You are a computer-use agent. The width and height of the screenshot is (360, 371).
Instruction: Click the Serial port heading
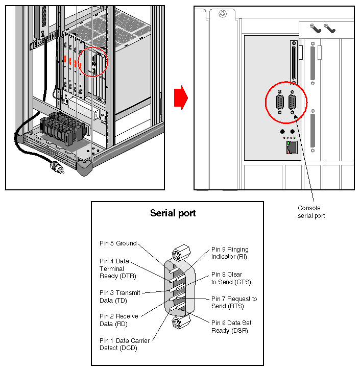click(x=173, y=213)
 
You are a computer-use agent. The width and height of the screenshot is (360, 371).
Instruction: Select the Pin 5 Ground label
click(x=118, y=243)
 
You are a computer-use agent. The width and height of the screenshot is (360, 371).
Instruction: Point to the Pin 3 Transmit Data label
click(x=120, y=296)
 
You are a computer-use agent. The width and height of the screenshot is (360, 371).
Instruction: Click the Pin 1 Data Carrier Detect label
click(x=124, y=344)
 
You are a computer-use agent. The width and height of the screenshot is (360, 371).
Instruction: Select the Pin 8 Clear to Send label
click(x=231, y=278)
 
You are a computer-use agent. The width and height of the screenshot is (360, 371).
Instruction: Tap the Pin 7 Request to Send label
click(x=234, y=302)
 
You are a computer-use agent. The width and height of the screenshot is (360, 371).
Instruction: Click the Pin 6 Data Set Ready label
click(x=231, y=327)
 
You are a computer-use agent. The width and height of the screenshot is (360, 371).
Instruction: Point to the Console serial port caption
click(x=311, y=212)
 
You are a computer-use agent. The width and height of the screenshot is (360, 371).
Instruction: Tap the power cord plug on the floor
click(x=55, y=167)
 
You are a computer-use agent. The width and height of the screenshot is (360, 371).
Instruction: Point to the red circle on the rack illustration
click(x=94, y=61)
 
